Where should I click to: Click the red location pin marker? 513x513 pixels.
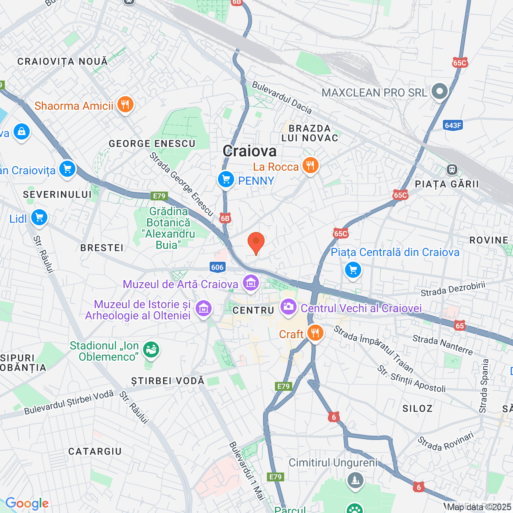[256, 242]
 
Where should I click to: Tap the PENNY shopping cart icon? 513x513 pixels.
[226, 180]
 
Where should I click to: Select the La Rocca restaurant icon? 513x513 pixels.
[310, 165]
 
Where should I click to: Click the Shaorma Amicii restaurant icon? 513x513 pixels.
[125, 105]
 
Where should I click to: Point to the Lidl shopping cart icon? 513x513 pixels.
[39, 218]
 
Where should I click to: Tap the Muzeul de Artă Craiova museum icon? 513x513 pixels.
[251, 283]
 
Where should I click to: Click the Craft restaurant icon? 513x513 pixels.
[315, 333]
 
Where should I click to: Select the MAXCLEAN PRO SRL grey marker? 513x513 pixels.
[440, 92]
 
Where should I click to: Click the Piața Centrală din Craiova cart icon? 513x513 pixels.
[353, 270]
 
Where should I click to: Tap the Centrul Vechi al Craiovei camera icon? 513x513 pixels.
[289, 307]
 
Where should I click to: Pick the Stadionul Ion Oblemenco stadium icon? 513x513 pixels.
[151, 350]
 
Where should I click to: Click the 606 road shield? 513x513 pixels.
[217, 267]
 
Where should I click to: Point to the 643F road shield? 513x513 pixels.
[453, 125]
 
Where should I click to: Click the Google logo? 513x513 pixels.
[27, 503]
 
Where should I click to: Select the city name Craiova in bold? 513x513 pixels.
[250, 151]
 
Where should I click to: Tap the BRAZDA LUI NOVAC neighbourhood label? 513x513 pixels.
[310, 133]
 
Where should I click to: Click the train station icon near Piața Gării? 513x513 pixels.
[452, 170]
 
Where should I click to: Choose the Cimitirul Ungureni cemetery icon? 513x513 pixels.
[355, 480]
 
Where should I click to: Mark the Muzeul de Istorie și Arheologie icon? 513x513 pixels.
[204, 309]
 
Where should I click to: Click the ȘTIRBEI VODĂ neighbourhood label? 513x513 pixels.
[168, 380]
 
